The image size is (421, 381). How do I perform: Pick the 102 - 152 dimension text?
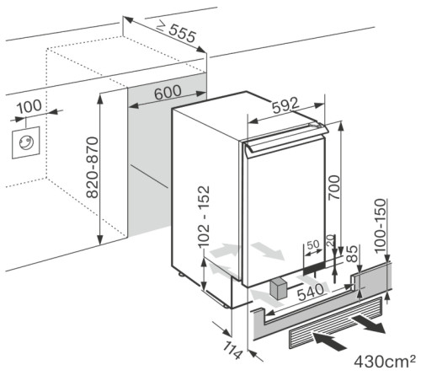click(193, 219)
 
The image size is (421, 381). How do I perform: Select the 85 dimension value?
click(353, 252)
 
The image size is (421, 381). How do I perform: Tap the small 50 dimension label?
click(313, 244)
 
